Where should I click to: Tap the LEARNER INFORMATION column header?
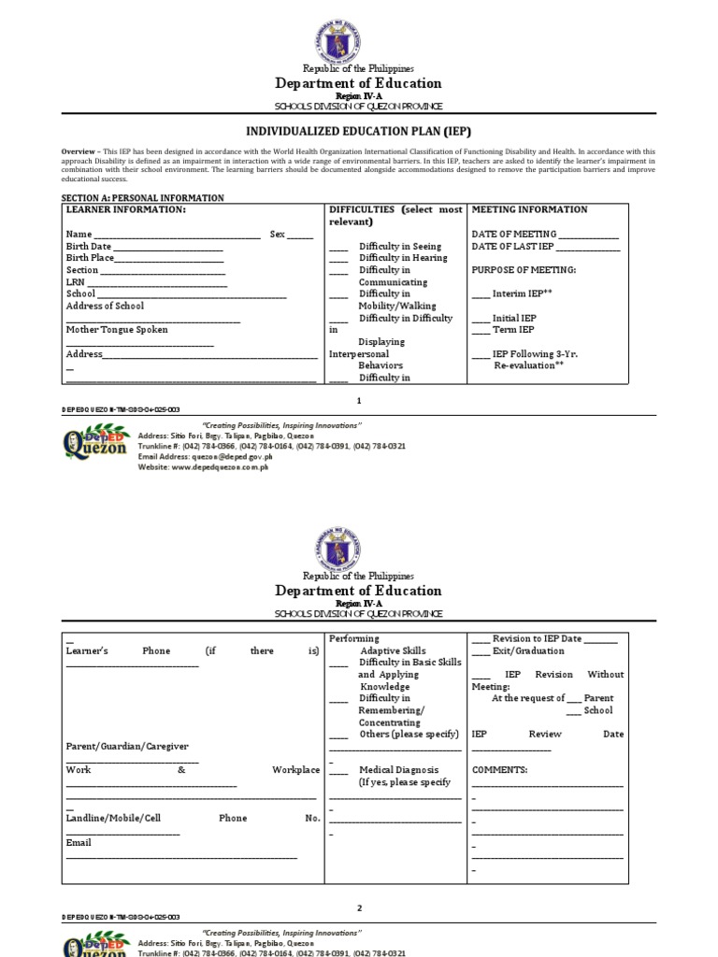click(125, 209)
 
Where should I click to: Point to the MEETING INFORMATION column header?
click(529, 209)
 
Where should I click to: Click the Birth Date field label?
click(89, 246)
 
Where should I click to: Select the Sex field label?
click(277, 234)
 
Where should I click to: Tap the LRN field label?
click(75, 281)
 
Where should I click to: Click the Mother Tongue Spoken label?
click(117, 330)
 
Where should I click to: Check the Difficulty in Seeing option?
click(399, 247)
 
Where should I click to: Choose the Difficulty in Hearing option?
click(403, 258)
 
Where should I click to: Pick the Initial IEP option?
click(514, 318)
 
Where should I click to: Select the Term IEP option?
click(513, 330)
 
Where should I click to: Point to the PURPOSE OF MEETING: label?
click(524, 270)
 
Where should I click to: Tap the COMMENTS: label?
click(500, 770)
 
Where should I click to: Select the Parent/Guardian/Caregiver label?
click(127, 746)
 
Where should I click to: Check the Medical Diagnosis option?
click(398, 770)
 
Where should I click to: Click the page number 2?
click(359, 907)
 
